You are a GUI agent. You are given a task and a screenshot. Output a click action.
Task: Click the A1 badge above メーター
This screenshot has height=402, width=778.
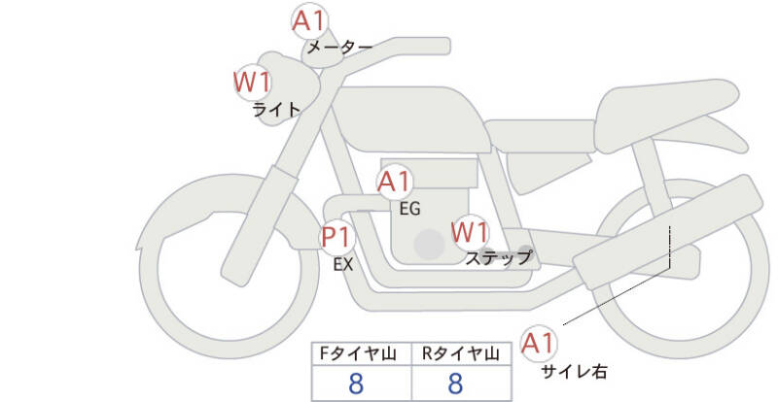coord(311,19)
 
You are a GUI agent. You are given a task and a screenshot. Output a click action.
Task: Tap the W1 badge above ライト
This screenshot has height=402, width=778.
coord(253,82)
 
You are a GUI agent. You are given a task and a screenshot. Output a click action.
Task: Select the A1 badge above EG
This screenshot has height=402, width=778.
coord(395,182)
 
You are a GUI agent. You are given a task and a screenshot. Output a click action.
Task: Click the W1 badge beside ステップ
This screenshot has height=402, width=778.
coord(470,232)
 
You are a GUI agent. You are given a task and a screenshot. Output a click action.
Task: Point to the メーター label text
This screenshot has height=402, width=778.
coord(339,47)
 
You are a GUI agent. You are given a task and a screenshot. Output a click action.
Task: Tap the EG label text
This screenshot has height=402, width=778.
coord(409,207)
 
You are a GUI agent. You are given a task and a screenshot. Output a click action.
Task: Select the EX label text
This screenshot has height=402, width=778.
coord(342,263)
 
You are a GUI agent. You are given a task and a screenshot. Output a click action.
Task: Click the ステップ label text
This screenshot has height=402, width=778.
coord(498,257)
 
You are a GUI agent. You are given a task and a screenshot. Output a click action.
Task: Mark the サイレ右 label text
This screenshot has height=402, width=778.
coord(574,370)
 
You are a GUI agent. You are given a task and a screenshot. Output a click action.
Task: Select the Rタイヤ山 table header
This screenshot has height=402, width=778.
coord(460,353)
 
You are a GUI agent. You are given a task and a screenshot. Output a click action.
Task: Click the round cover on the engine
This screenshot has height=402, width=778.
coord(427,245)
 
